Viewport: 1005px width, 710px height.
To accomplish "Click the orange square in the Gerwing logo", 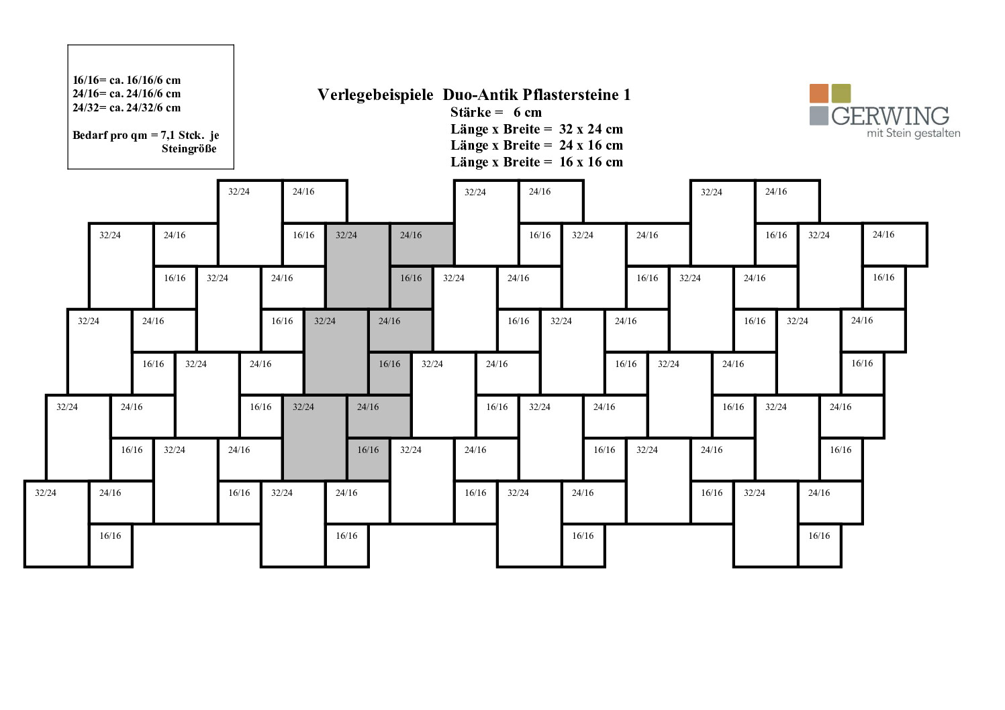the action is [819, 93].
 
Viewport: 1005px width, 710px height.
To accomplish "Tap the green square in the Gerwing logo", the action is [841, 93].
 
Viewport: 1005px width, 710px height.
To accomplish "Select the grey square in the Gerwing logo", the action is [819, 115].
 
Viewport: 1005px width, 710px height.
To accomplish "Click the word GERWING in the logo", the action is [890, 116].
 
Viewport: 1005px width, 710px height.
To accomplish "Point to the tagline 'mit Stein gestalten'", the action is [914, 134].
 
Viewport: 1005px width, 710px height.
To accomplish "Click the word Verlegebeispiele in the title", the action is [375, 95].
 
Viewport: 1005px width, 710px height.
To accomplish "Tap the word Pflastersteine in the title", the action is [570, 95].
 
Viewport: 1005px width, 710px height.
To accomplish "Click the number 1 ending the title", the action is [627, 95].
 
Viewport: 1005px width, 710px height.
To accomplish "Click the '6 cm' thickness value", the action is [528, 112].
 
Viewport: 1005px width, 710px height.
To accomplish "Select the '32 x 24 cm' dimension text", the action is [591, 129].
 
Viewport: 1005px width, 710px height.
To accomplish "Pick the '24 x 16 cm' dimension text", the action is [591, 146].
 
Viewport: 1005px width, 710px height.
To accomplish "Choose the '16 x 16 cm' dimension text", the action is [591, 162].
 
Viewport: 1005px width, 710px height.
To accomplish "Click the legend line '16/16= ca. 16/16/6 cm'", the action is [126, 81].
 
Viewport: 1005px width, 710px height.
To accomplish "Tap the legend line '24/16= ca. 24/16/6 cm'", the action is [126, 94].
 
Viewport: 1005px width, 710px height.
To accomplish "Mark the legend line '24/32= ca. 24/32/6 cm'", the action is [126, 107].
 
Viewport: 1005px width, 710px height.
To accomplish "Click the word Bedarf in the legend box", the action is [87, 135].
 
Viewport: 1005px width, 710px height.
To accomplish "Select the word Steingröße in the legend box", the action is [189, 149].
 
